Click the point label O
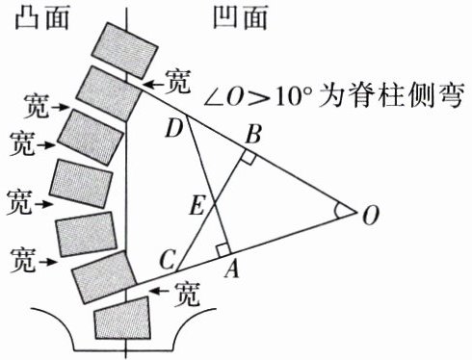(x=371, y=216)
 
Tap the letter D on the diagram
(x=174, y=129)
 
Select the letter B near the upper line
(x=253, y=135)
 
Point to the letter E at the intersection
(x=197, y=206)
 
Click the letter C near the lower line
(x=168, y=260)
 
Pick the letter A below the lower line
(x=232, y=269)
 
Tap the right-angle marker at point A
(x=223, y=250)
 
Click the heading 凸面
(x=42, y=17)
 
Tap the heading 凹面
(x=240, y=17)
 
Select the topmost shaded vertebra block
(x=124, y=50)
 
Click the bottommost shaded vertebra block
(x=122, y=319)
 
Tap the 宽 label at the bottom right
(x=188, y=294)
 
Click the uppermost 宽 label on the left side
(x=38, y=106)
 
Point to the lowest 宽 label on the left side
(x=22, y=260)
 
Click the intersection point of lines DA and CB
(x=214, y=203)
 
